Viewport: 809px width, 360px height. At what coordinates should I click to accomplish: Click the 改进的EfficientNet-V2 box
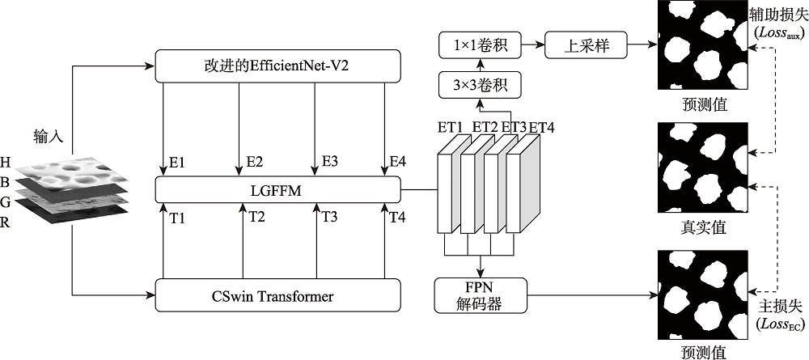277,66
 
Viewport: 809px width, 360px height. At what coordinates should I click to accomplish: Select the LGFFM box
277,190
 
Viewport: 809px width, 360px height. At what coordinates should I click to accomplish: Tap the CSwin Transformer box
277,295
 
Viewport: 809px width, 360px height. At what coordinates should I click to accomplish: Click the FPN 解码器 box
480,295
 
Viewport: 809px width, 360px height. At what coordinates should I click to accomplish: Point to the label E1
178,163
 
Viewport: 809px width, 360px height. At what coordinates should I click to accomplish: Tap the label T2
256,217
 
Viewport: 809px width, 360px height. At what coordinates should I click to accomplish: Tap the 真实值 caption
704,227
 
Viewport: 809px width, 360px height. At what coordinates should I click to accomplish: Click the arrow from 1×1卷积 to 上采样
535,45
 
